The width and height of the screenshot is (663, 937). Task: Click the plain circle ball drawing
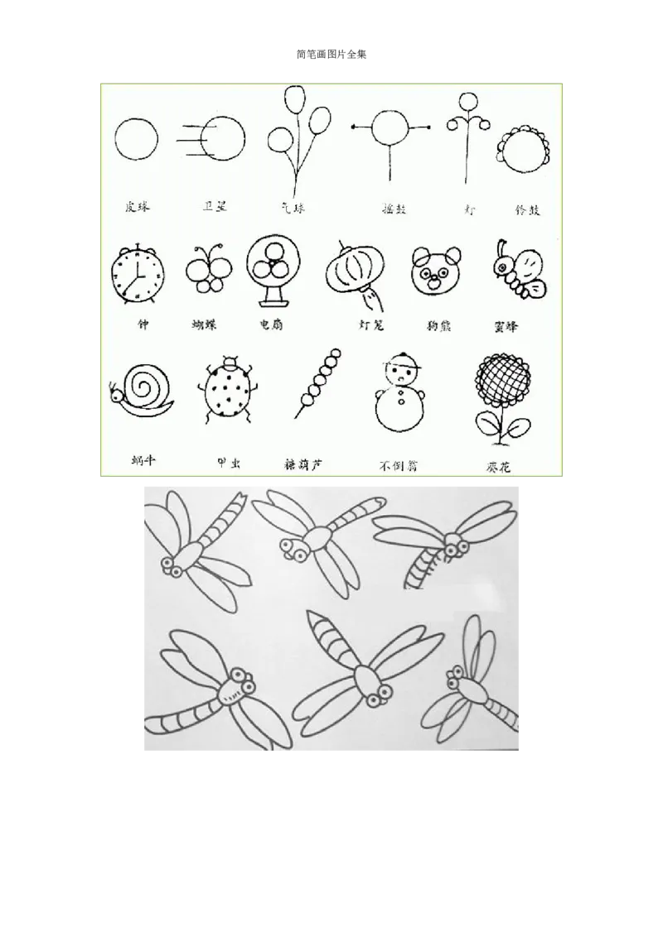pos(136,138)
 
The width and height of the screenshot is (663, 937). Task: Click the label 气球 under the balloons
pos(293,208)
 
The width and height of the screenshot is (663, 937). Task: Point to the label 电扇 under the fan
pos(271,325)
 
